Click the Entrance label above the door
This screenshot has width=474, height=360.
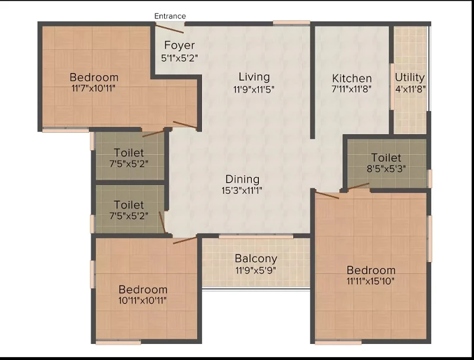click(170, 16)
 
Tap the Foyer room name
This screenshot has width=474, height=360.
click(180, 46)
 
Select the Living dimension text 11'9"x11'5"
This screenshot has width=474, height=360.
click(254, 90)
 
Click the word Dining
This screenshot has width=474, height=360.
click(242, 179)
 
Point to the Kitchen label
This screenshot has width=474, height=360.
click(352, 78)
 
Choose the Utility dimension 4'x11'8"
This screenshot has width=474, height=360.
click(411, 89)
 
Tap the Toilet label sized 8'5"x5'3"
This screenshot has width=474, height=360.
click(386, 158)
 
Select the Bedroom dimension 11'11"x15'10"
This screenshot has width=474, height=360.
click(371, 281)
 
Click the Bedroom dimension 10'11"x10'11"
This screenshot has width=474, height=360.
click(142, 301)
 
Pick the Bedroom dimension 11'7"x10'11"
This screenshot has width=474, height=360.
click(94, 88)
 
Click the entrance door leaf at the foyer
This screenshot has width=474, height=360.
click(169, 28)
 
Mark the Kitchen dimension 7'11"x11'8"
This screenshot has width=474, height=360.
click(351, 89)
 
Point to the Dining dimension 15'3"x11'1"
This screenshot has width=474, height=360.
click(242, 190)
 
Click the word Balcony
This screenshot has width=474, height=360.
click(256, 259)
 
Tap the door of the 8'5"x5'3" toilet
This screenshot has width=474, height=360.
click(358, 186)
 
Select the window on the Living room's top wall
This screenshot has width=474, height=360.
click(292, 23)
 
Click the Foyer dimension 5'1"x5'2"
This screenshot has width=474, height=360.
click(180, 58)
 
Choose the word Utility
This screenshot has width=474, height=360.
click(409, 78)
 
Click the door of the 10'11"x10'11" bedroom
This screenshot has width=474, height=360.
click(185, 241)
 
